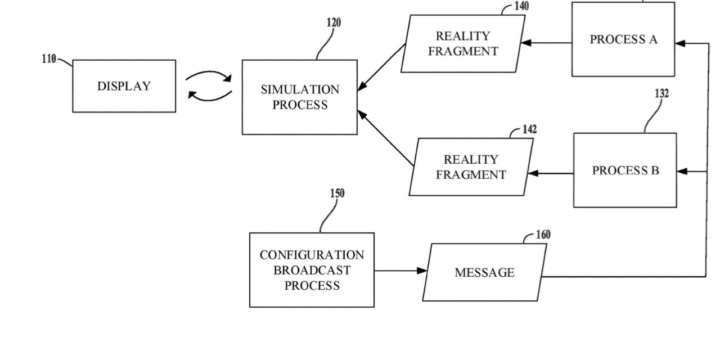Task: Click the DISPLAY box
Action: click(124, 86)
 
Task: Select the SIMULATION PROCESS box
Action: click(299, 97)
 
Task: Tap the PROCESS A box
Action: click(623, 39)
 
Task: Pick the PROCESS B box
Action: click(624, 170)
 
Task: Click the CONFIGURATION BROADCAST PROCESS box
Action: click(312, 270)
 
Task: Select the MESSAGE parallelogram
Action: click(484, 272)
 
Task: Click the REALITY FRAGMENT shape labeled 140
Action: click(463, 43)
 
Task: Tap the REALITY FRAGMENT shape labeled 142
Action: click(471, 167)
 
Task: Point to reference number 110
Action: click(49, 58)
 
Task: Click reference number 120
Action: click(334, 22)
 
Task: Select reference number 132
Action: click(661, 93)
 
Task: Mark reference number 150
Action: click(337, 193)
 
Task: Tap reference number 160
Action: click(543, 235)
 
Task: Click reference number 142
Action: click(529, 129)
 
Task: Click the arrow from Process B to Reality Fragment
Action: click(551, 173)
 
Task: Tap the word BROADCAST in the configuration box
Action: click(312, 270)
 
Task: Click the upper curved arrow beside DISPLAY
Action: click(209, 75)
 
